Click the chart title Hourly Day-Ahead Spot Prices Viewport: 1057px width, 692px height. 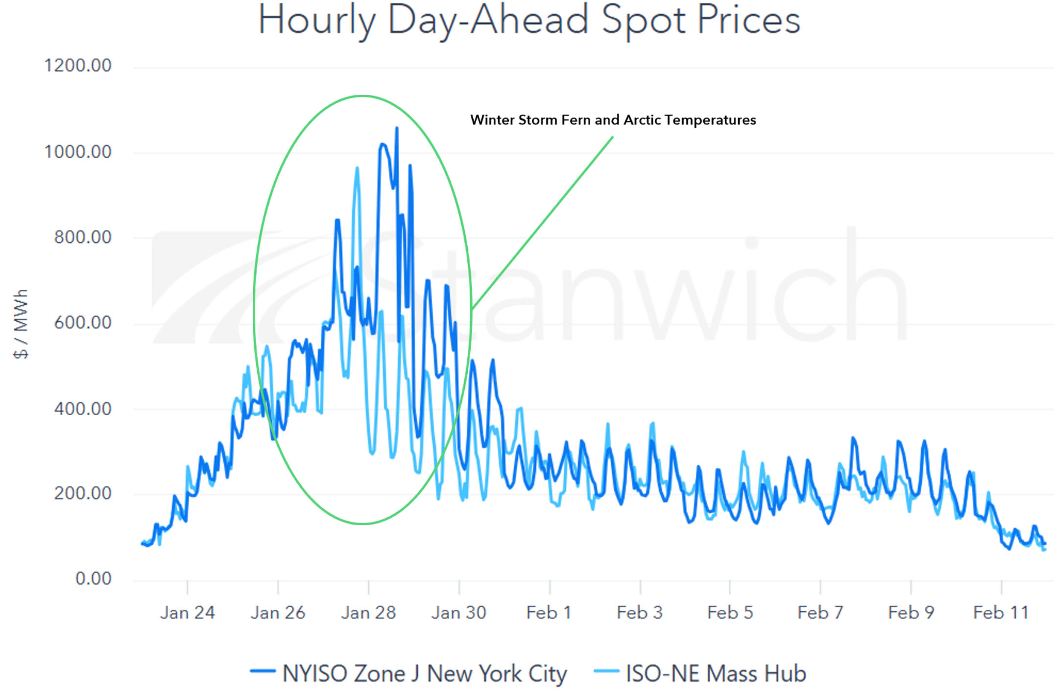[x=529, y=21]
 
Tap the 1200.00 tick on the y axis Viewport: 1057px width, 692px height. [x=78, y=66]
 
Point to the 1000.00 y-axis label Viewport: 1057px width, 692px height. [x=78, y=152]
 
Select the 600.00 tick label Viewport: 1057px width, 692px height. [x=83, y=323]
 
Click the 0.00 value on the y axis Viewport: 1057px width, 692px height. [x=93, y=578]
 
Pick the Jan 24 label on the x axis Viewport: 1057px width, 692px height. [x=187, y=613]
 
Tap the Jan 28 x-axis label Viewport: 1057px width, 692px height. [x=368, y=613]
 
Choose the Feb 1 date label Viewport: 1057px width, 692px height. [x=549, y=613]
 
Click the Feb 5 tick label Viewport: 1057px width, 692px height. [x=730, y=613]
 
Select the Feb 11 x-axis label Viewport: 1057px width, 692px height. [x=1001, y=613]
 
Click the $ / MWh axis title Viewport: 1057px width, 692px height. [x=21, y=324]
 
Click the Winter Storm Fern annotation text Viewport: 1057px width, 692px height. [x=613, y=120]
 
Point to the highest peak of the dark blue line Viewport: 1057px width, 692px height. [x=397, y=128]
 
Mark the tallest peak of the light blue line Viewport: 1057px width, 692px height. [x=357, y=168]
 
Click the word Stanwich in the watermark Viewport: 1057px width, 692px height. [x=637, y=289]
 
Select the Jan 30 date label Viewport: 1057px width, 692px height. [x=458, y=613]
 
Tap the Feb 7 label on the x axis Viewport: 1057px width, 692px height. [x=820, y=613]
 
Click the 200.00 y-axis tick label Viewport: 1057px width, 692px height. [x=83, y=493]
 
